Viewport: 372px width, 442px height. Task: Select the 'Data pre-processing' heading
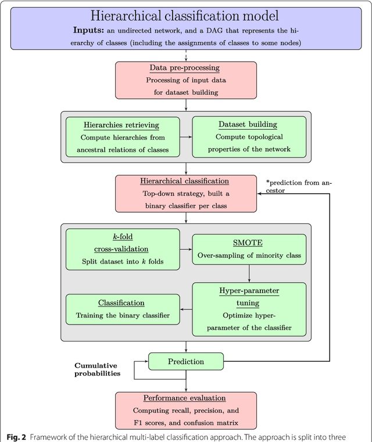click(x=185, y=67)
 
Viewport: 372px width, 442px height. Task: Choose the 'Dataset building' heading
click(x=248, y=124)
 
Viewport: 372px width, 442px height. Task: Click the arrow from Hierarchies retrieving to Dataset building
click(x=185, y=137)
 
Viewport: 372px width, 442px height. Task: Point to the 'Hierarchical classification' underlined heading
click(x=184, y=181)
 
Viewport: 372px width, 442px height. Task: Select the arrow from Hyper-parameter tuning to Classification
click(x=185, y=309)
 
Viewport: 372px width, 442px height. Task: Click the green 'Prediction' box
click(x=185, y=361)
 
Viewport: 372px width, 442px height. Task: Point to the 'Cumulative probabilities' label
click(x=97, y=369)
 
